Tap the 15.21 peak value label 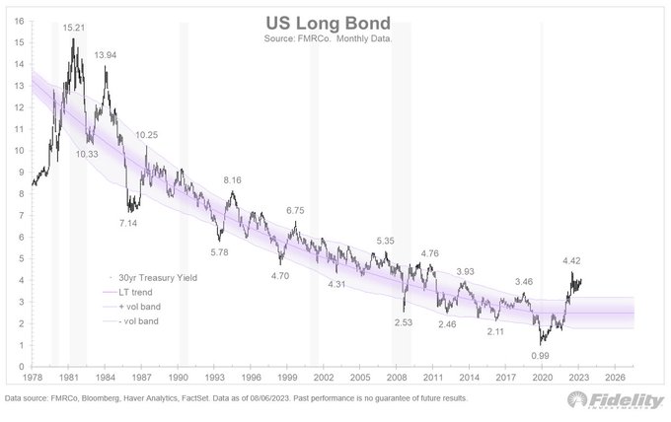pos(74,29)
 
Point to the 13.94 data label pos(107,55)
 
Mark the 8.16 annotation pos(233,180)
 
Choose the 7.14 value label pos(129,224)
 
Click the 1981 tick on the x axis pos(69,377)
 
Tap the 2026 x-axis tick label pos(614,377)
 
